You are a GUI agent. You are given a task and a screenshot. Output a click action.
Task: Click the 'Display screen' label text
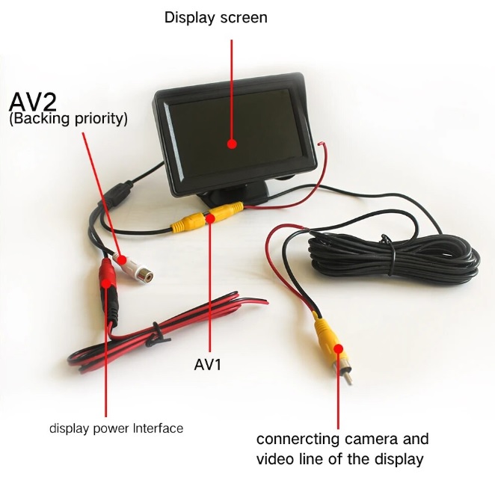point(216,18)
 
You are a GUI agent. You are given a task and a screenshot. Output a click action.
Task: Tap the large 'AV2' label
point(33,102)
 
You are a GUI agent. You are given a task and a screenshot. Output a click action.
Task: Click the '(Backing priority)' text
point(69,119)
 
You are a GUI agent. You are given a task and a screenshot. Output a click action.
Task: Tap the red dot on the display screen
point(232,144)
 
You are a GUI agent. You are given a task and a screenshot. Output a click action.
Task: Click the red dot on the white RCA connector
point(122,260)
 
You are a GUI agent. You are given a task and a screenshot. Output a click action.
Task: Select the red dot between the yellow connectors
point(211,218)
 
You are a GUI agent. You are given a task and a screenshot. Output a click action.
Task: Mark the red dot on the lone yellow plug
point(339,348)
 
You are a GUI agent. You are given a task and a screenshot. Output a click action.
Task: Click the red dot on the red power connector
point(106,283)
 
